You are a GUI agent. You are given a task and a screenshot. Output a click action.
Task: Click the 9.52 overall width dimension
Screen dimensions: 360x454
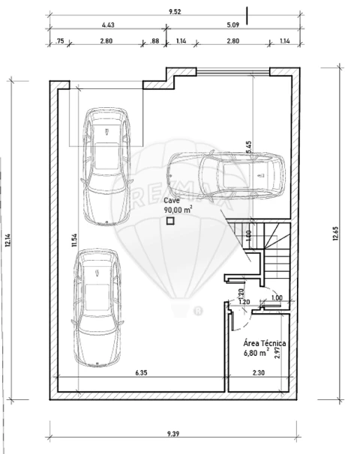point(175,12)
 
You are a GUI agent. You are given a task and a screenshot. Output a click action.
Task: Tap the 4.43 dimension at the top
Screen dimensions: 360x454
point(108,25)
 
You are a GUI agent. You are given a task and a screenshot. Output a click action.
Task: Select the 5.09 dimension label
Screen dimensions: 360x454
point(233,25)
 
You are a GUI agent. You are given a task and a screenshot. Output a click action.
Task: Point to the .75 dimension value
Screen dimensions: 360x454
point(59,41)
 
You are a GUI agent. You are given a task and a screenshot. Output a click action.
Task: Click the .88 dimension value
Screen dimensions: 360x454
point(154,41)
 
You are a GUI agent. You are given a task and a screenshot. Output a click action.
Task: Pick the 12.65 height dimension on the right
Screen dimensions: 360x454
point(336,234)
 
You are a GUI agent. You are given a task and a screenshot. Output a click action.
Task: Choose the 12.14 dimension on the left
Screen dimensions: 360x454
point(7,240)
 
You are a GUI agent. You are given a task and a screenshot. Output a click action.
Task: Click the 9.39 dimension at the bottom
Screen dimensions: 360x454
point(173,434)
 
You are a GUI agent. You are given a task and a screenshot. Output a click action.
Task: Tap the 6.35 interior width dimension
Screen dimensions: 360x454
point(141,372)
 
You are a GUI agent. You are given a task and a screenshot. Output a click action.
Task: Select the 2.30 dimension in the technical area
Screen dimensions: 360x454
point(258,372)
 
